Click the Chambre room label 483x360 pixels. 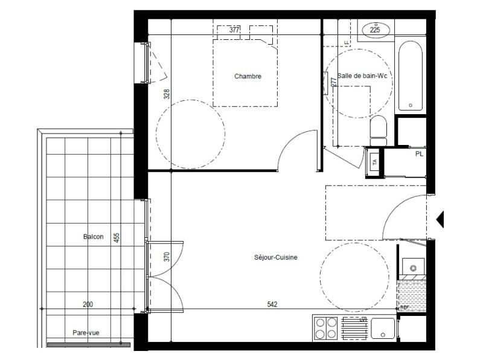coord(248,76)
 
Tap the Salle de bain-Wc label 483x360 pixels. coord(362,76)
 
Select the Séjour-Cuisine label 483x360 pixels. coord(276,257)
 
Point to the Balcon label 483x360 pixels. coord(93,237)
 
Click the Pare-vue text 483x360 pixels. coord(85,332)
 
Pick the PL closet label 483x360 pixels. coord(418,154)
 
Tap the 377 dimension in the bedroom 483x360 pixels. coord(234,30)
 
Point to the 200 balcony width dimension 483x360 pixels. coord(88,304)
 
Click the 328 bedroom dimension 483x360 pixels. coord(167,94)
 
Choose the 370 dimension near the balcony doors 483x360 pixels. coord(167,257)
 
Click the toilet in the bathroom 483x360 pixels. coord(378,130)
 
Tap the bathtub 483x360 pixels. coord(411,76)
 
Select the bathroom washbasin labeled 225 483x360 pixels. coord(374,29)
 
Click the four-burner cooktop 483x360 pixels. coord(325,329)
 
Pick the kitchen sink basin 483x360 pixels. coord(382,329)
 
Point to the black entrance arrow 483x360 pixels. coord(440,219)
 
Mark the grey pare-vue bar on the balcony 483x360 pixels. coord(88,345)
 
